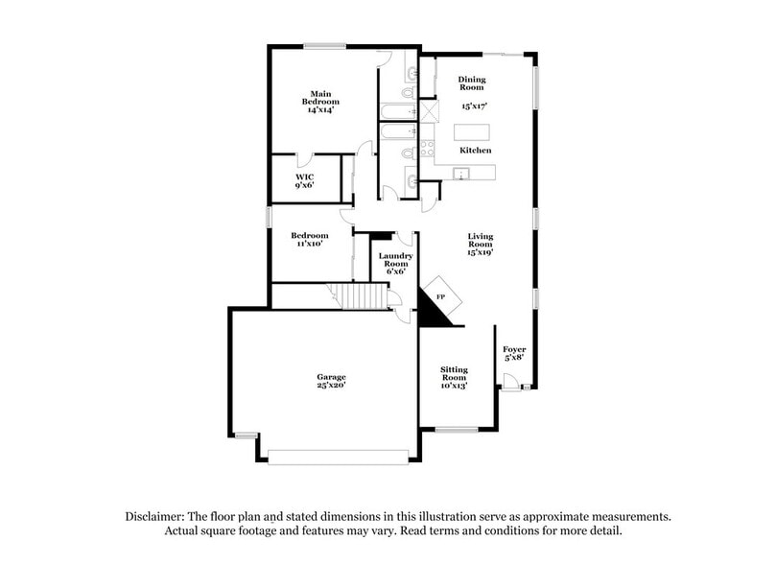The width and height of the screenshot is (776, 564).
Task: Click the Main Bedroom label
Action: (320, 98)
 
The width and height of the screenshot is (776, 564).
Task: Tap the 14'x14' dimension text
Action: (320, 110)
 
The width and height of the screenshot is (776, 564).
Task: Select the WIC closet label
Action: (304, 177)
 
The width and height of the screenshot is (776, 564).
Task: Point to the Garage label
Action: (331, 377)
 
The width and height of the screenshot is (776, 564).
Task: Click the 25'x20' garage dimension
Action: (331, 385)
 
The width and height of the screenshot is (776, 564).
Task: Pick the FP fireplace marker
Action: (440, 296)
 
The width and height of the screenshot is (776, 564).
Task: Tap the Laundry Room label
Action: (395, 260)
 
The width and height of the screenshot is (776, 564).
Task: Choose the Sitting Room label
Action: (454, 373)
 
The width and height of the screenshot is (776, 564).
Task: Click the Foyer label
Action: (514, 349)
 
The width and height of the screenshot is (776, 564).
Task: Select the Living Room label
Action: (480, 240)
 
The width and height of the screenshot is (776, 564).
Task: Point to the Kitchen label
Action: (475, 151)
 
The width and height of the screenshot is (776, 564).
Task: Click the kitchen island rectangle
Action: (472, 132)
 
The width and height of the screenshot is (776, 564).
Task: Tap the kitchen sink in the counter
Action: (461, 174)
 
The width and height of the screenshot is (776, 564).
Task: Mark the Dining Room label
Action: (472, 83)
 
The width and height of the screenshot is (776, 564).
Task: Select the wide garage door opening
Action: (338, 458)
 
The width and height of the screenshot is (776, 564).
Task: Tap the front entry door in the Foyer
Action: (510, 383)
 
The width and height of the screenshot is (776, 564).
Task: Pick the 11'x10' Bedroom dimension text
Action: (310, 244)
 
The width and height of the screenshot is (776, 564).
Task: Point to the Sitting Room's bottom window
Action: (457, 430)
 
